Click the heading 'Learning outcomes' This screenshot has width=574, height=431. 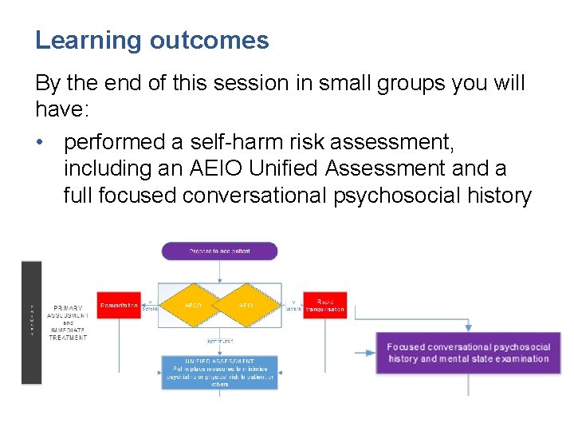(151, 41)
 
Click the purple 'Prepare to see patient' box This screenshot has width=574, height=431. (219, 251)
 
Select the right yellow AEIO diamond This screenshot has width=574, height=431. (246, 305)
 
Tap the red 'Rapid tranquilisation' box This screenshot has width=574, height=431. (324, 305)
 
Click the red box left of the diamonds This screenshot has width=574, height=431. (119, 305)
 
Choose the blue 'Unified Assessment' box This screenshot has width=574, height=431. (220, 372)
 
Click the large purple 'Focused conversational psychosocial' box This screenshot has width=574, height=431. (468, 353)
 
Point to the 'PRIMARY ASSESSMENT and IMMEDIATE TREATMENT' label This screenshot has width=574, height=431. (67, 322)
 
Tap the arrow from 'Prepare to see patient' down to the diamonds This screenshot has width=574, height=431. (219, 271)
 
